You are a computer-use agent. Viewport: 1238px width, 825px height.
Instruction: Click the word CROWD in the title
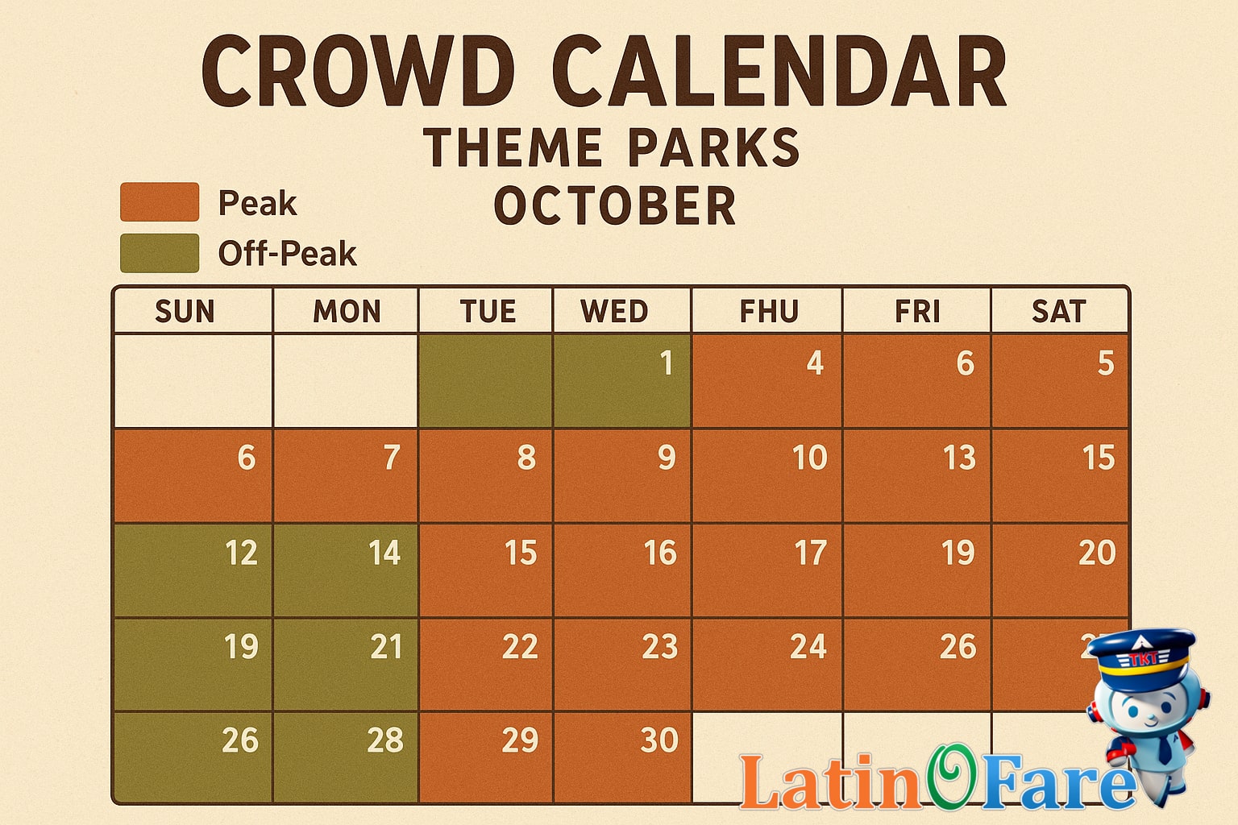point(358,73)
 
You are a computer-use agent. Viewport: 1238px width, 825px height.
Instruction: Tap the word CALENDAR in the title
point(779,73)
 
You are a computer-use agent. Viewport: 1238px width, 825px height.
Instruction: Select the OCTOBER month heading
point(615,206)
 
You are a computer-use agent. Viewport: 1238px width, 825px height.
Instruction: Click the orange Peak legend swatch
point(160,202)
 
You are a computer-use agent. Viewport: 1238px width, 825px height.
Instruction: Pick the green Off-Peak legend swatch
point(160,253)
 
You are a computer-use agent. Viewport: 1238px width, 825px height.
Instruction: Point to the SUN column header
point(185,312)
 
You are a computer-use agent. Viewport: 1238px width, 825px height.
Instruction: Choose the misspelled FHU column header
point(769,312)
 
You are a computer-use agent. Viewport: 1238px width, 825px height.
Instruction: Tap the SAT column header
point(1058,312)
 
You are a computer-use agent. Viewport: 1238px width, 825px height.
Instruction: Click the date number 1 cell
point(621,380)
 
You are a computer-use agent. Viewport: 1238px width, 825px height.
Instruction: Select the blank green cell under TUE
point(485,380)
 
